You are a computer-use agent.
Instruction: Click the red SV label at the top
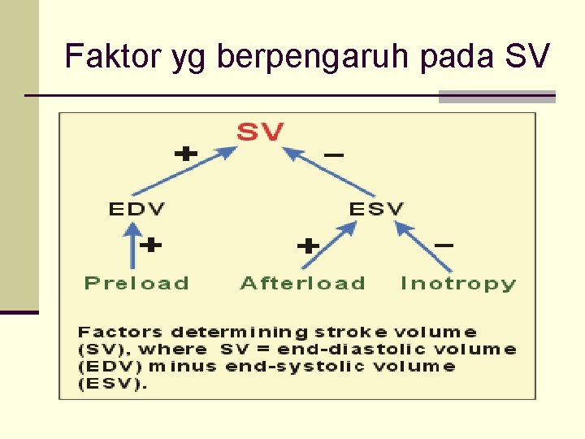click(x=260, y=132)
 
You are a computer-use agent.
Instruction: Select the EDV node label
click(x=136, y=209)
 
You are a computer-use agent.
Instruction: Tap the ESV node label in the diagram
click(x=376, y=209)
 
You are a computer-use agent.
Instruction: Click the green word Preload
click(x=136, y=284)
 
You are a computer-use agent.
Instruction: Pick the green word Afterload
click(x=303, y=284)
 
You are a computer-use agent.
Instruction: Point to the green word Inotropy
click(x=458, y=284)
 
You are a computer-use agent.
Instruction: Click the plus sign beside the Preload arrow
click(x=152, y=244)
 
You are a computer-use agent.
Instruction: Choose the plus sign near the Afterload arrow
click(x=307, y=246)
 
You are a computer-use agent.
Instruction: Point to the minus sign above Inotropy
click(x=444, y=244)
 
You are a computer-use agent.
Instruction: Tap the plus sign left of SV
click(x=187, y=152)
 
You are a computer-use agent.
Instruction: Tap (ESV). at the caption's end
click(x=112, y=384)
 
